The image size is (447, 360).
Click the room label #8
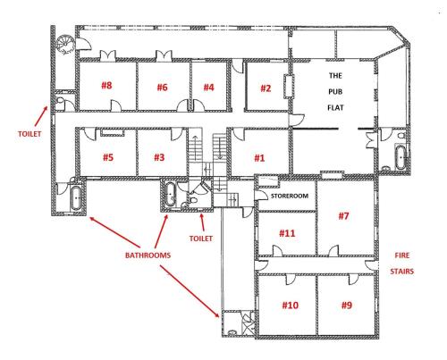coord(106,87)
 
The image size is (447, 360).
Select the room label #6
coord(162,87)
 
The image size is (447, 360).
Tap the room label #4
coord(208,87)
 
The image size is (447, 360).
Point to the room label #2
coord(265,88)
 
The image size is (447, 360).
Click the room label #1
coord(260,157)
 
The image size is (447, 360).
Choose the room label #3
coord(159,157)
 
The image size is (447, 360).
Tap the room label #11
coord(287,233)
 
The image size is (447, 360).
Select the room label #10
coord(290,305)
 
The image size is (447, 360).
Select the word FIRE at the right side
coord(401,254)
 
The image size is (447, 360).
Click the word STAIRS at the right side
coord(401,272)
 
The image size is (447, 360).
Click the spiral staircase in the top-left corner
coord(61,43)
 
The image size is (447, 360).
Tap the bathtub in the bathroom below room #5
coord(75,198)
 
